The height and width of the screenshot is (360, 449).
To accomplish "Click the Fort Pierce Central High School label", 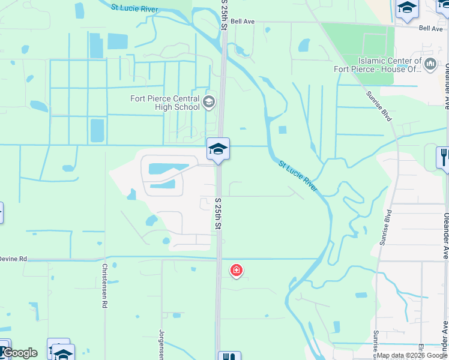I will [x=165, y=103].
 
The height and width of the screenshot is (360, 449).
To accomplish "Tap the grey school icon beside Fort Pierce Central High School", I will [x=209, y=101].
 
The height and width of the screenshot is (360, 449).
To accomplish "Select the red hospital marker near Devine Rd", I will [x=237, y=271].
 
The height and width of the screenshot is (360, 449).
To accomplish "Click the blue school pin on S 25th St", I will [x=218, y=149].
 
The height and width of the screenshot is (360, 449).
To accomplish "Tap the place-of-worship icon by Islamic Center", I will [x=430, y=64].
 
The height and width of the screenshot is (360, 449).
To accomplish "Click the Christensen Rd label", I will [x=104, y=286].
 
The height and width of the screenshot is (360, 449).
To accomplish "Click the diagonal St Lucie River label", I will [x=298, y=176].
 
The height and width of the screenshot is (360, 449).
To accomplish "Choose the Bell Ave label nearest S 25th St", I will [x=243, y=21].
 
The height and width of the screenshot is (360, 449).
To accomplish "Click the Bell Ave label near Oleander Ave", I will [x=430, y=28].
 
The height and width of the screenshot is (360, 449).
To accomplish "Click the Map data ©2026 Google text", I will [x=412, y=356].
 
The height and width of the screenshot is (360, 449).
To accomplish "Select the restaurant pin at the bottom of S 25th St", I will [x=229, y=357].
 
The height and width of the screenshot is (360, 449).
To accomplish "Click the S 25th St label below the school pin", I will [x=218, y=214].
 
